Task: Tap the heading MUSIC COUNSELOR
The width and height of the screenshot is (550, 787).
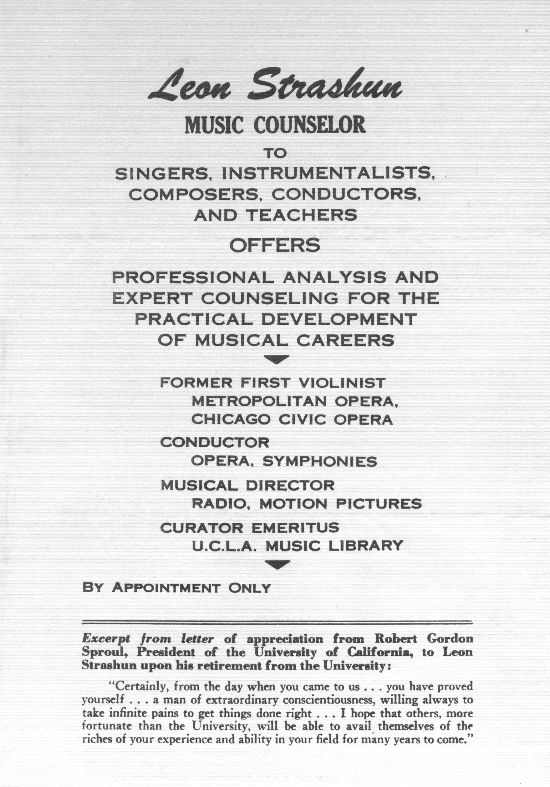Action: coord(275,126)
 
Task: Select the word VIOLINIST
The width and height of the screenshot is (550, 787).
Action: coord(342,383)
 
